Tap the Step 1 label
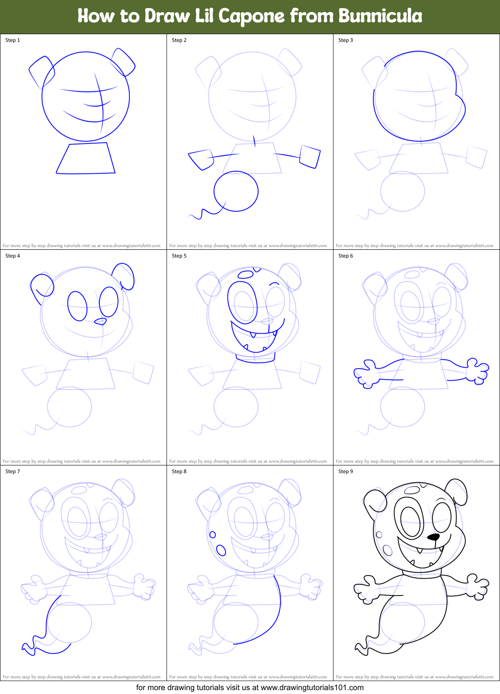[x=13, y=40]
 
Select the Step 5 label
[x=179, y=256]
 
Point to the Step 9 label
[x=346, y=471]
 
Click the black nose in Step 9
[x=433, y=537]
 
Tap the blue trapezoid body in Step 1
[x=86, y=159]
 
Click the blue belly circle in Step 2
[x=236, y=191]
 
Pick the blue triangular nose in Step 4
[x=100, y=322]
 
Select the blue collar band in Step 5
[x=256, y=358]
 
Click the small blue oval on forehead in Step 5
[x=246, y=274]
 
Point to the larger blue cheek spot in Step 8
[x=221, y=550]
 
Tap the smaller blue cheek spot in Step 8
[x=212, y=535]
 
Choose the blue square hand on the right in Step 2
[x=310, y=156]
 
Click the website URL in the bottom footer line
[x=312, y=688]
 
